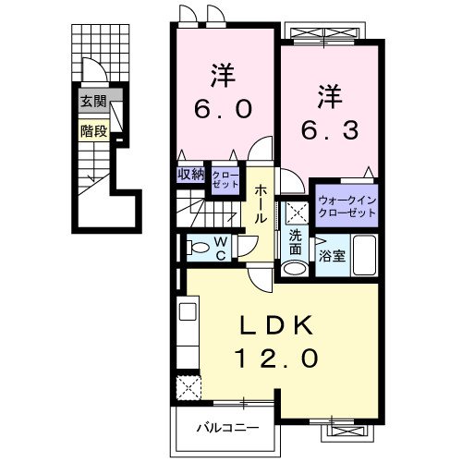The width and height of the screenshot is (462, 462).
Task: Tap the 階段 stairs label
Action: click(x=92, y=130)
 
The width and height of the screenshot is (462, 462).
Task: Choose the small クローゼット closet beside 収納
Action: click(x=225, y=176)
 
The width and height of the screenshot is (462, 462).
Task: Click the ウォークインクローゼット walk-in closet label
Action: click(x=346, y=204)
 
